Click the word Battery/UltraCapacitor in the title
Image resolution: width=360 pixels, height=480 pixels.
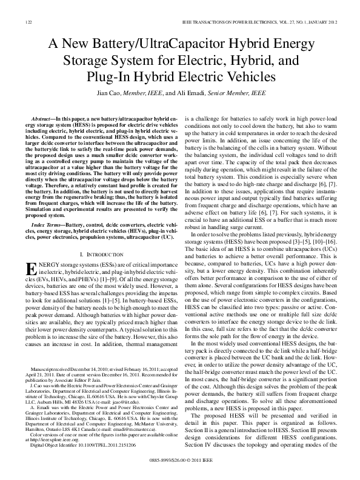(144, 45)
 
